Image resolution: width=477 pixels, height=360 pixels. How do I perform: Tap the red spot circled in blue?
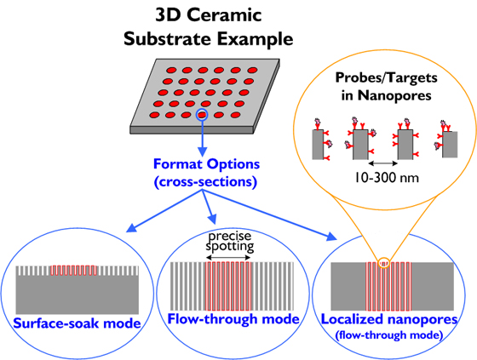tap(202, 115)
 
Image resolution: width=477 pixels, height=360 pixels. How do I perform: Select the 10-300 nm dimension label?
tap(387, 177)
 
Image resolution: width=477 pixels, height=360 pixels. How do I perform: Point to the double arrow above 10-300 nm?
tap(382, 163)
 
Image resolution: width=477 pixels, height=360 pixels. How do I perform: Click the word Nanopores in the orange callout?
tap(394, 95)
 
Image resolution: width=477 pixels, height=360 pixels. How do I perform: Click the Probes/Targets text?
tap(387, 77)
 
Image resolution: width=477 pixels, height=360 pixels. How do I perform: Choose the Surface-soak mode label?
tap(77, 323)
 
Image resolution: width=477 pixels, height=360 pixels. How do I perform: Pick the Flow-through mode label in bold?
tap(233, 319)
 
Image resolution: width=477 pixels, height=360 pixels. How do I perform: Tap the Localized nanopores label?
tap(389, 319)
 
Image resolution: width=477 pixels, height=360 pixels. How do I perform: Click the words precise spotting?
tap(230, 242)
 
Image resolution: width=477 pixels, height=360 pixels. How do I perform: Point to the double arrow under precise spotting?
tap(228, 258)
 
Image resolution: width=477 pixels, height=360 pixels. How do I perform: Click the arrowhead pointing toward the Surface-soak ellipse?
tap(131, 228)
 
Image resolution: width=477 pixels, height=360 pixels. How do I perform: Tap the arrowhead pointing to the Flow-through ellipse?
tap(212, 219)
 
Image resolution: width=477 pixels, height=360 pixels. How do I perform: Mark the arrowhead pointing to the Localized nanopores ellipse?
tap(332, 237)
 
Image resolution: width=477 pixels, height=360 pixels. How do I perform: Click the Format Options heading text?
tap(206, 164)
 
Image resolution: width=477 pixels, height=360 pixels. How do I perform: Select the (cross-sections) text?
tap(205, 182)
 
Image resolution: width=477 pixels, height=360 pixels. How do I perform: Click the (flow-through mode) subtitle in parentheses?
tap(388, 335)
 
